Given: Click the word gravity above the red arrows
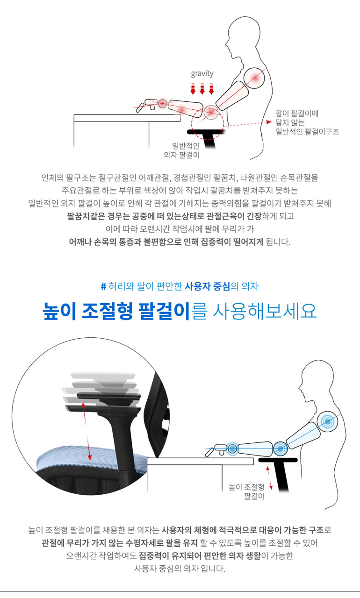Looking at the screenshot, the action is coord(202,74).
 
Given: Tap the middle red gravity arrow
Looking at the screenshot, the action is coord(202,89).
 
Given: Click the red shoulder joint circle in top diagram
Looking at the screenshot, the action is coord(254,78).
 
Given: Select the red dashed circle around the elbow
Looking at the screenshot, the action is coord(208,124).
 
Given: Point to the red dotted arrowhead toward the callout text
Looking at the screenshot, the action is coord(269,122).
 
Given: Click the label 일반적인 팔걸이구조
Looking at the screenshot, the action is coord(307,132).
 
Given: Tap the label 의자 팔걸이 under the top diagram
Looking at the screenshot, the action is coord(181,155).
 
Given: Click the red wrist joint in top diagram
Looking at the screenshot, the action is coord(162,104).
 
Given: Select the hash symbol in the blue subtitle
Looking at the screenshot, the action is coord(104,286).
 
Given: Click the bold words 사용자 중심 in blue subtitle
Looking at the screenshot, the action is coord(207,286).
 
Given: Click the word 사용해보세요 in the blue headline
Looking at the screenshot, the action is coord(265,311).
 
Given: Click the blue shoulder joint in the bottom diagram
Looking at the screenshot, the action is coord(327,422).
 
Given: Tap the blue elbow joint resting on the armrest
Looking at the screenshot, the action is coord(280,449).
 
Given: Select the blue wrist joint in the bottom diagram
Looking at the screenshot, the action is coord(232,449).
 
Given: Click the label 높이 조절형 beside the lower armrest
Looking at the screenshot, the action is coord(246,487).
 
